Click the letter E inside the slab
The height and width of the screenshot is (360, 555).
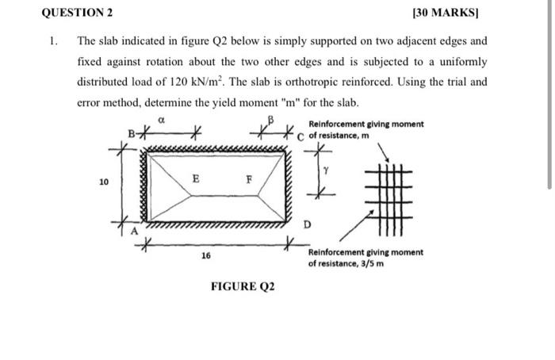coord(195,179)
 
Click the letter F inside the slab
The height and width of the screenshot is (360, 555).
coord(248,180)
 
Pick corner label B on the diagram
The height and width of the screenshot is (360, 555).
coord(132,132)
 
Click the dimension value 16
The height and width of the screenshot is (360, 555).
coord(205,256)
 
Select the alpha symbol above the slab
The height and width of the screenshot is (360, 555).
coord(160,120)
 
